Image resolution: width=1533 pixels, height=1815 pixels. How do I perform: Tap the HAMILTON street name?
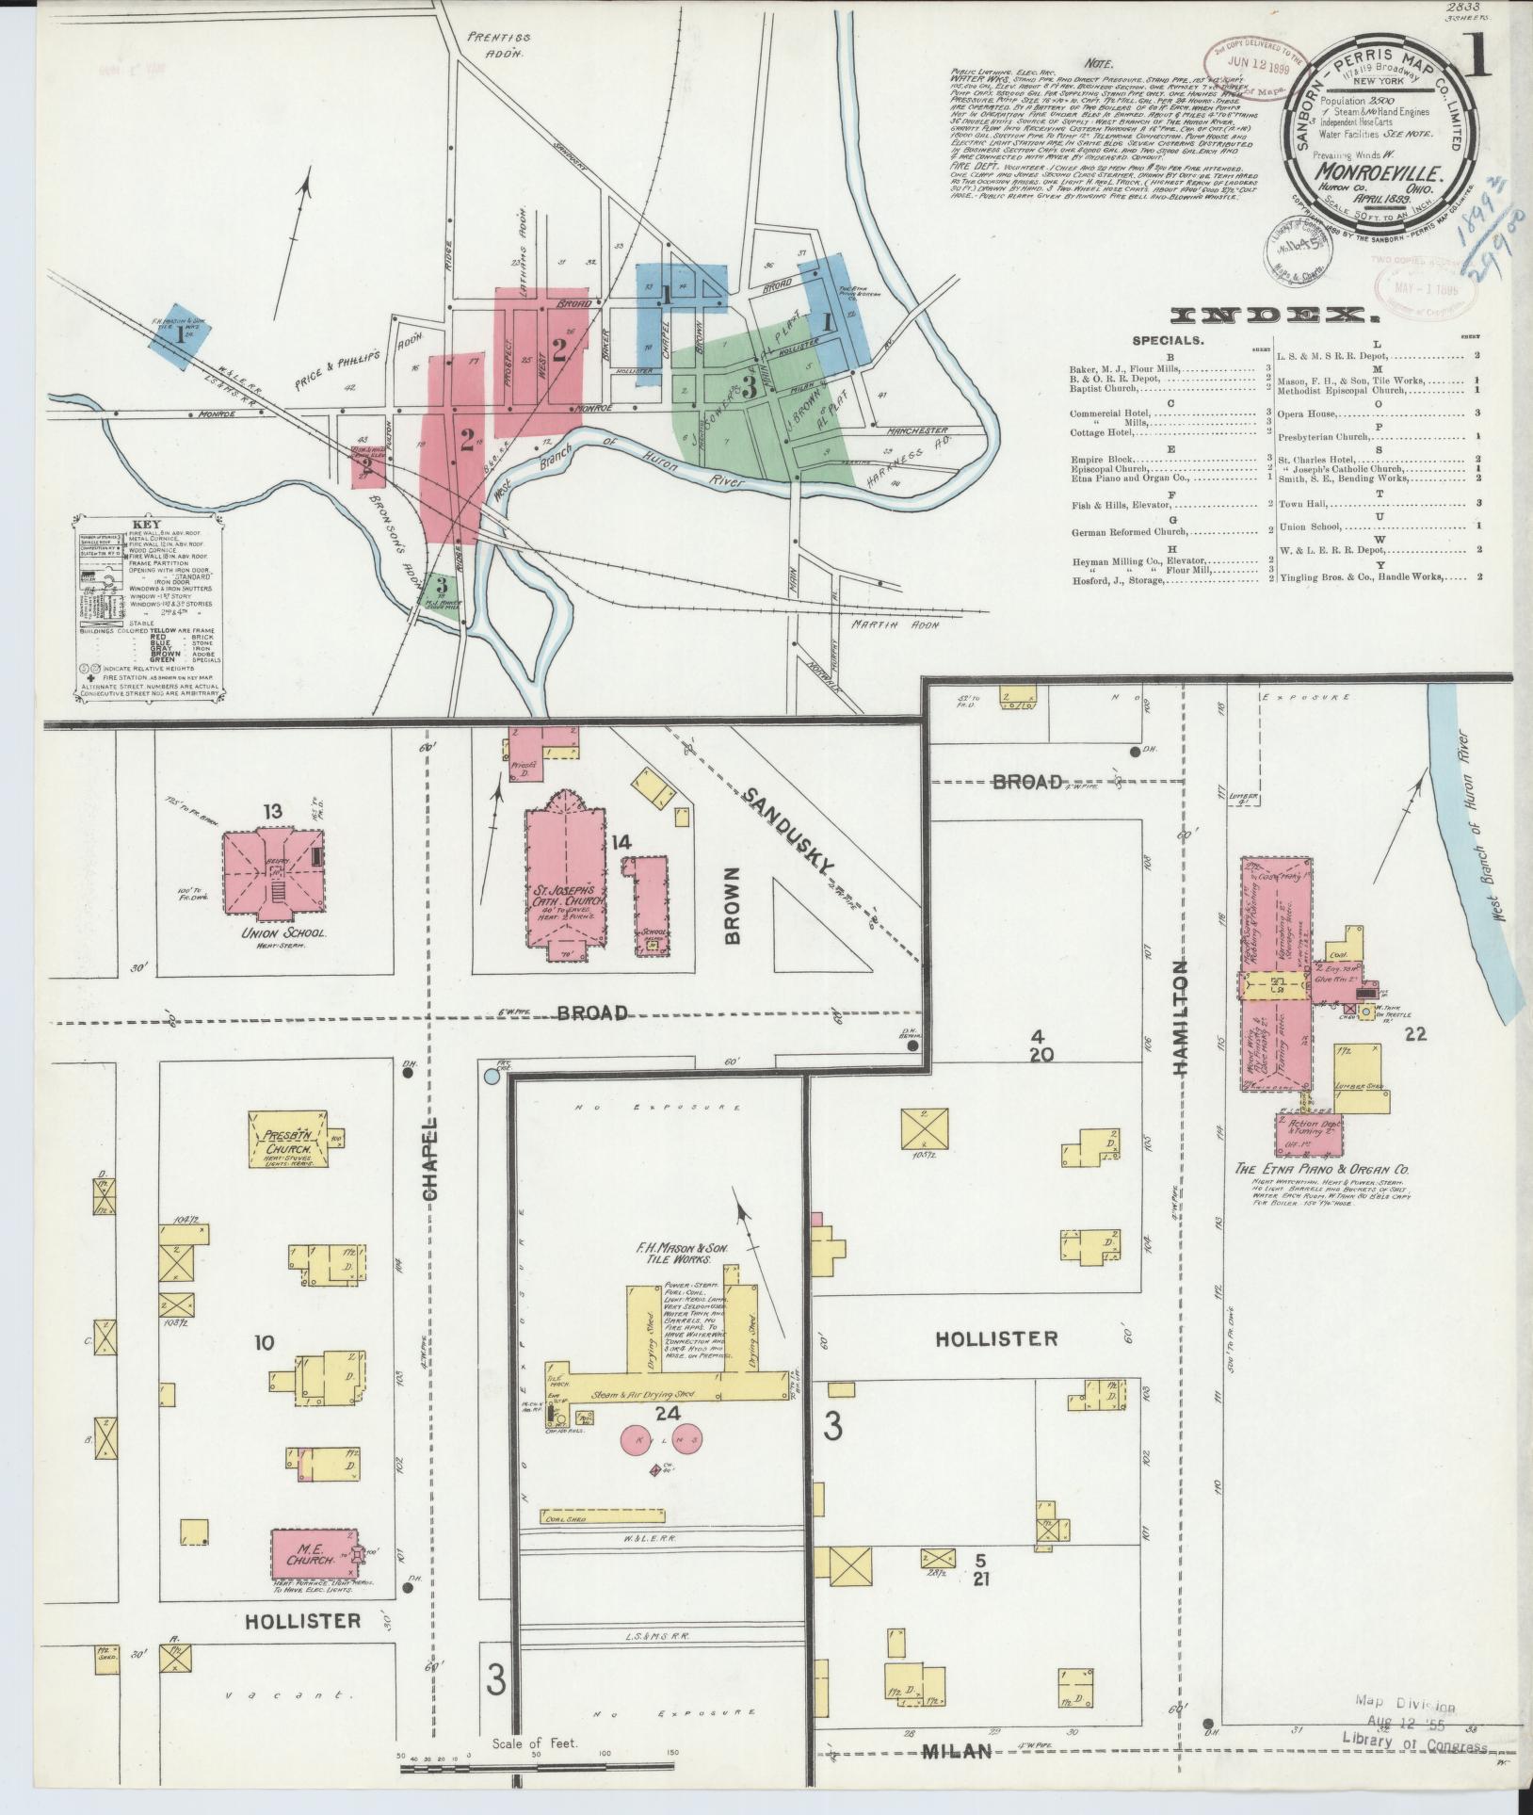(x=1182, y=1017)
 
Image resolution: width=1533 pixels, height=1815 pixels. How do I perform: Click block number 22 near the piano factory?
(x=1415, y=1034)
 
